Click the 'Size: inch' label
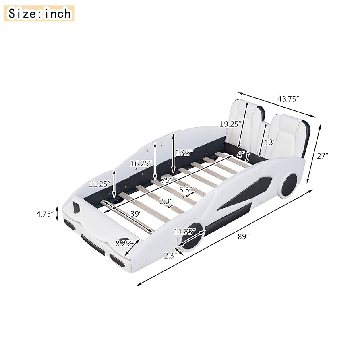[x=39, y=13]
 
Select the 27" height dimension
[x=322, y=156]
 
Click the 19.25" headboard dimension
[x=230, y=124]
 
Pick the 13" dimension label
[x=270, y=142]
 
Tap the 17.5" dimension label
[x=184, y=153]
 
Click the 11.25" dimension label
[x=99, y=184]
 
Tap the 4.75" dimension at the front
[x=45, y=214]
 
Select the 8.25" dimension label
[x=124, y=243]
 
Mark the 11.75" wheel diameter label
[x=185, y=232]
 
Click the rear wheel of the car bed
[x=289, y=185]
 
